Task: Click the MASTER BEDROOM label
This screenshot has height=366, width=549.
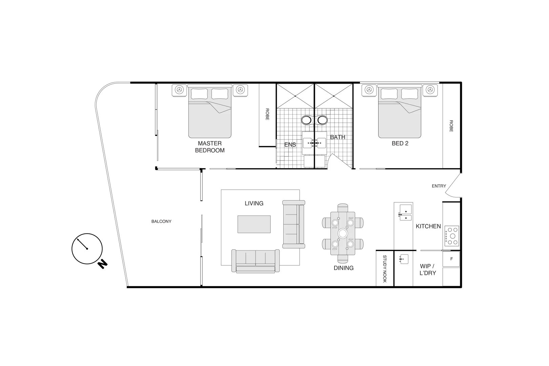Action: pyautogui.click(x=209, y=147)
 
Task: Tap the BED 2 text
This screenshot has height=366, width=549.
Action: pyautogui.click(x=400, y=143)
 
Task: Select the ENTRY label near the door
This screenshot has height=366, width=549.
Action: pyautogui.click(x=439, y=186)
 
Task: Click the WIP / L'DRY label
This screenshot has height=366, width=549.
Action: pyautogui.click(x=427, y=269)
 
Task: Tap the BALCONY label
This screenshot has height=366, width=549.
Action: pyautogui.click(x=161, y=221)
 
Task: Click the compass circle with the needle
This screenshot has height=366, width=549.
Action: pyautogui.click(x=87, y=249)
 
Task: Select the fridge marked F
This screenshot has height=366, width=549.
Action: pyautogui.click(x=451, y=259)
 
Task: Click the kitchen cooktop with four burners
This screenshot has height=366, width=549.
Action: pyautogui.click(x=451, y=236)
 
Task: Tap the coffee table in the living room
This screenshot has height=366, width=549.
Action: pyautogui.click(x=254, y=224)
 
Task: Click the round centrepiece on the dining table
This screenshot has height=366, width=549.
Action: pyautogui.click(x=343, y=233)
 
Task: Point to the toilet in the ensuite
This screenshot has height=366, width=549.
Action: pyautogui.click(x=307, y=120)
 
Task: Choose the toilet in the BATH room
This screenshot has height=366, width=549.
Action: pyautogui.click(x=322, y=120)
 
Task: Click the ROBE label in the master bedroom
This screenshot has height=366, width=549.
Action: pyautogui.click(x=267, y=115)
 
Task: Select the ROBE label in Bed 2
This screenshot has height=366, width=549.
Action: pyautogui.click(x=451, y=126)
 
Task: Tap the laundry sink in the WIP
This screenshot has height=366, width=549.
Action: pyautogui.click(x=404, y=259)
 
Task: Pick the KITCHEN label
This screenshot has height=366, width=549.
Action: pyautogui.click(x=428, y=226)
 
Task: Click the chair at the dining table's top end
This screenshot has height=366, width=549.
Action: pyautogui.click(x=343, y=207)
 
